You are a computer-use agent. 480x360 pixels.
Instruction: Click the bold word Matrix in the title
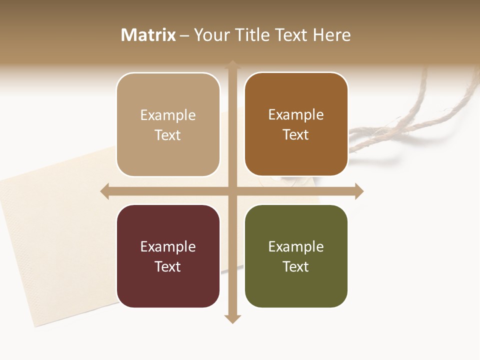(x=148, y=35)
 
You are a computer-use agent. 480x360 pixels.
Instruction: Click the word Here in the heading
(x=332, y=35)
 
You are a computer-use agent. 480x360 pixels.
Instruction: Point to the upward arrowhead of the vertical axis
(x=232, y=65)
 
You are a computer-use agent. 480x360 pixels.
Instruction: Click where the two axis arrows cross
(x=232, y=191)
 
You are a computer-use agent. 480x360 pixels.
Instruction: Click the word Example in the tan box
(x=168, y=115)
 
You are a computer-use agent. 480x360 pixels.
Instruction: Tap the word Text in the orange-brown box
(x=296, y=135)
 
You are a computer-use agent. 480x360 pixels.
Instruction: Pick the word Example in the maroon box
(x=168, y=247)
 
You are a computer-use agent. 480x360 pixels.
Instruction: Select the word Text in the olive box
(x=296, y=267)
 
